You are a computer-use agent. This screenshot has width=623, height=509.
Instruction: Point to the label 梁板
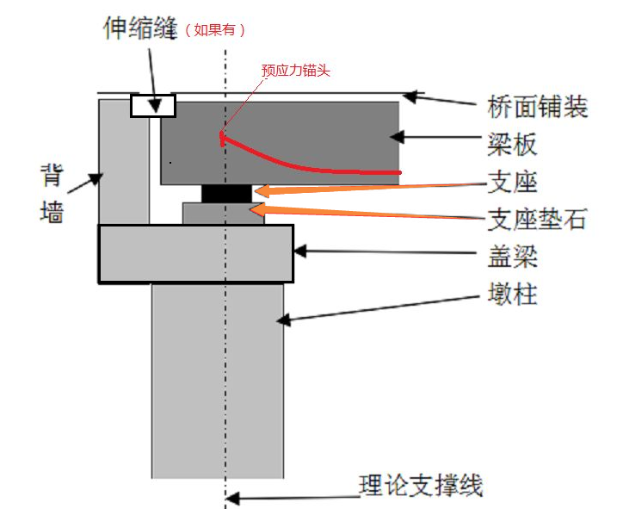513,144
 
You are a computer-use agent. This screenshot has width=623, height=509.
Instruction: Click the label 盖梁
513,257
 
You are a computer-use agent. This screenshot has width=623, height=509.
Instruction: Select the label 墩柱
512,295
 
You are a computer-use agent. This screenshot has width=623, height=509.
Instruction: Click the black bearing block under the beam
226,193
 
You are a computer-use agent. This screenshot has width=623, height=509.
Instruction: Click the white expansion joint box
152,105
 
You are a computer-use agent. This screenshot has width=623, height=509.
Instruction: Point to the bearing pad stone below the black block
223,214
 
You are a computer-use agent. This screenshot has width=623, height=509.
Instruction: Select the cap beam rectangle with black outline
195,253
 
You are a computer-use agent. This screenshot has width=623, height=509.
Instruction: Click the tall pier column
217,379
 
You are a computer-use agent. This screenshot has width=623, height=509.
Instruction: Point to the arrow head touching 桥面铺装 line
412,96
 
